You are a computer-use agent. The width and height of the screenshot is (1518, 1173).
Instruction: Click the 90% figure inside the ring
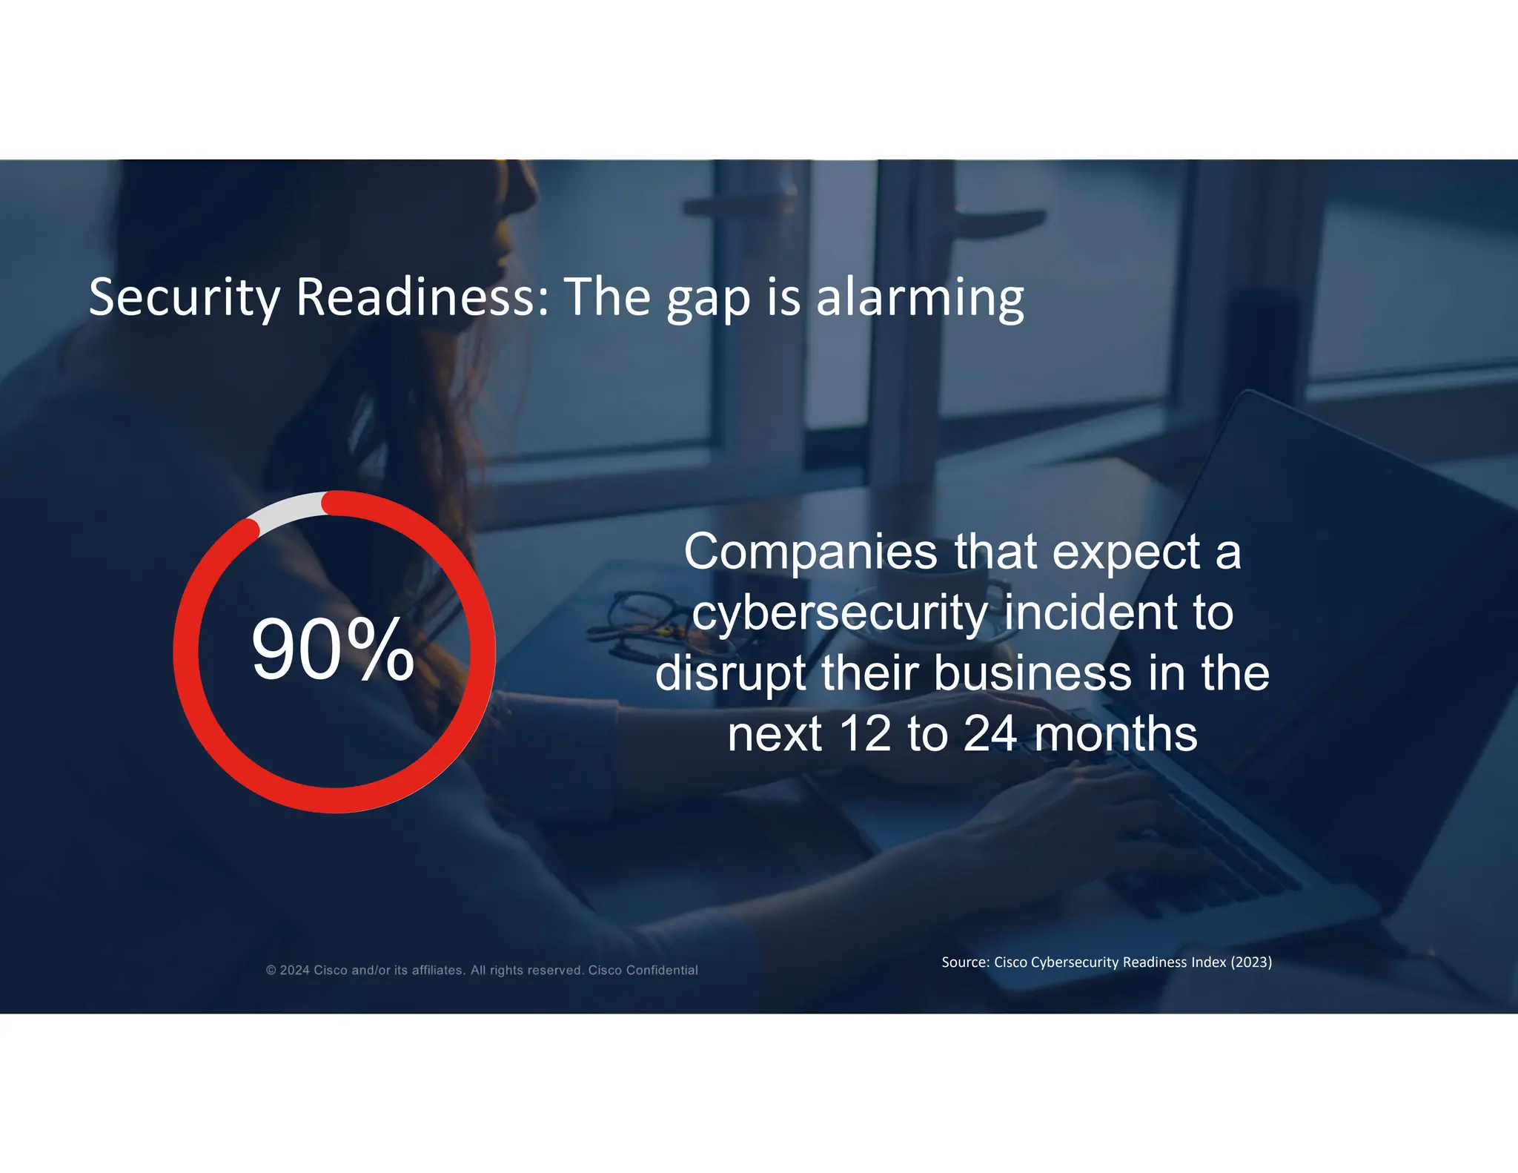coord(333,650)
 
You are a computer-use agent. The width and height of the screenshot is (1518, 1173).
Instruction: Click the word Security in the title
coord(184,297)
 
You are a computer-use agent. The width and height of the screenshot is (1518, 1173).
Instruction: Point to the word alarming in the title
coord(920,297)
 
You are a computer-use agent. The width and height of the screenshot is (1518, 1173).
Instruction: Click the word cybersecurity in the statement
coord(840,614)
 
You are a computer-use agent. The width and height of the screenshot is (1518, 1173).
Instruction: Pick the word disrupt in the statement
coord(731,674)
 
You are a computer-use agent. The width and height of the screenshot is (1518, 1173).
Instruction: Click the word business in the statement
coord(1033,673)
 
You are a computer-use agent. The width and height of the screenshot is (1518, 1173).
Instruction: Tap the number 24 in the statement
coord(990,734)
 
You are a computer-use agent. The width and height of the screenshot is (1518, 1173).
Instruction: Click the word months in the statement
coord(1116,734)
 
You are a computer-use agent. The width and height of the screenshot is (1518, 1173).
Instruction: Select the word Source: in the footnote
coord(965,962)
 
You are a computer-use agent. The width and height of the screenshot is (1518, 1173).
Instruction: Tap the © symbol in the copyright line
coord(271,971)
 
